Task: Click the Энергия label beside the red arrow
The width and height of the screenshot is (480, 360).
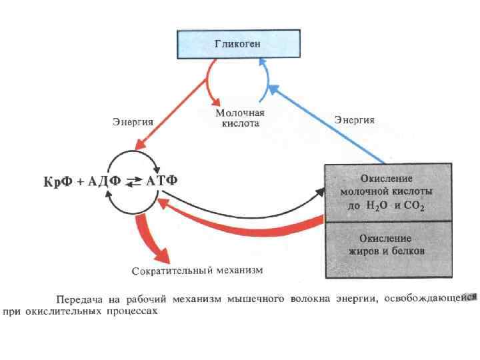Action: coord(132,122)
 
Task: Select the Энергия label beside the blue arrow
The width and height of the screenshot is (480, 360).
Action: coord(354,121)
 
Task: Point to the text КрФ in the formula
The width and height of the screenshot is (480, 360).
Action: coord(56,181)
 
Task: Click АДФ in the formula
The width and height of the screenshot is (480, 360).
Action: coord(107,181)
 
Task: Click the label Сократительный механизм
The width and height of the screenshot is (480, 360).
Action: coord(197,271)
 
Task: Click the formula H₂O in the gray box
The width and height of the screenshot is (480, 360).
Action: coord(377,206)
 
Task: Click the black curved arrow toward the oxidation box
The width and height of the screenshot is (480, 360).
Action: coord(247,213)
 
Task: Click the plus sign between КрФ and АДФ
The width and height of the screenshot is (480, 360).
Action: coord(81,181)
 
